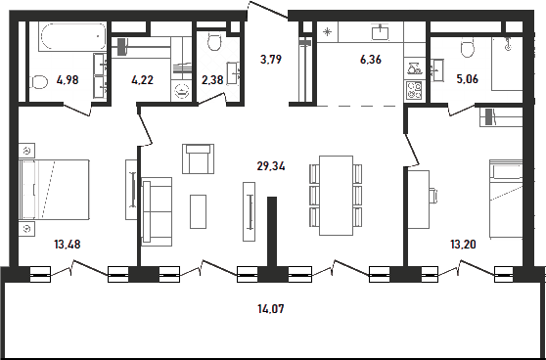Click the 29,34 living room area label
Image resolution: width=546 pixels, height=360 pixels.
tap(271, 166)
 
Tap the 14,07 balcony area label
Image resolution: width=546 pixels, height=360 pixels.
tap(271, 308)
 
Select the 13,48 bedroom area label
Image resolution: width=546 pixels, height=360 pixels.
tap(68, 245)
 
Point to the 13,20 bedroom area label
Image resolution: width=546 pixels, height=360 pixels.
tap(463, 245)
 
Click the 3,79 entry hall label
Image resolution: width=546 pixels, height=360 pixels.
tap(271, 60)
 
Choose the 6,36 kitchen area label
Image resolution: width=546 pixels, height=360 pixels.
tap(371, 60)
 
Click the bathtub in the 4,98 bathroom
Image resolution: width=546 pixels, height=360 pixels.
tap(73, 36)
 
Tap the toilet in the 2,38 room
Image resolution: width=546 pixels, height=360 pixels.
tap(214, 42)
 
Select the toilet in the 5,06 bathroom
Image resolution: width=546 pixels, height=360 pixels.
tap(468, 48)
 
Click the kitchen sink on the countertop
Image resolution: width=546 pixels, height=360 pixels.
tap(381, 32)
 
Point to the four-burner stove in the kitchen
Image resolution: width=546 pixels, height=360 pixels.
tap(414, 90)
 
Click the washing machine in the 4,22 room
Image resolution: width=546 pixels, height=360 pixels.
tap(181, 91)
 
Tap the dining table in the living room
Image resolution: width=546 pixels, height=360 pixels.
tap(336, 196)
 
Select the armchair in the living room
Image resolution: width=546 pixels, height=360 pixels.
tap(198, 158)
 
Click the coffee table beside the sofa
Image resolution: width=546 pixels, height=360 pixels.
tap(198, 211)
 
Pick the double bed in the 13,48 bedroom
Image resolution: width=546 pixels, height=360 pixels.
tap(55, 190)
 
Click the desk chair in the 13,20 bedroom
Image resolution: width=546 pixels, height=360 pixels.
tap(432, 196)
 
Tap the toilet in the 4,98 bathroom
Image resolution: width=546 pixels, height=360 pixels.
tap(39, 82)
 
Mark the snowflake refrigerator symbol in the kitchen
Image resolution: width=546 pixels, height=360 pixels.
tap(328, 32)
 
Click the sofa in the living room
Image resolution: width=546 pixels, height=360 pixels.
tap(157, 211)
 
